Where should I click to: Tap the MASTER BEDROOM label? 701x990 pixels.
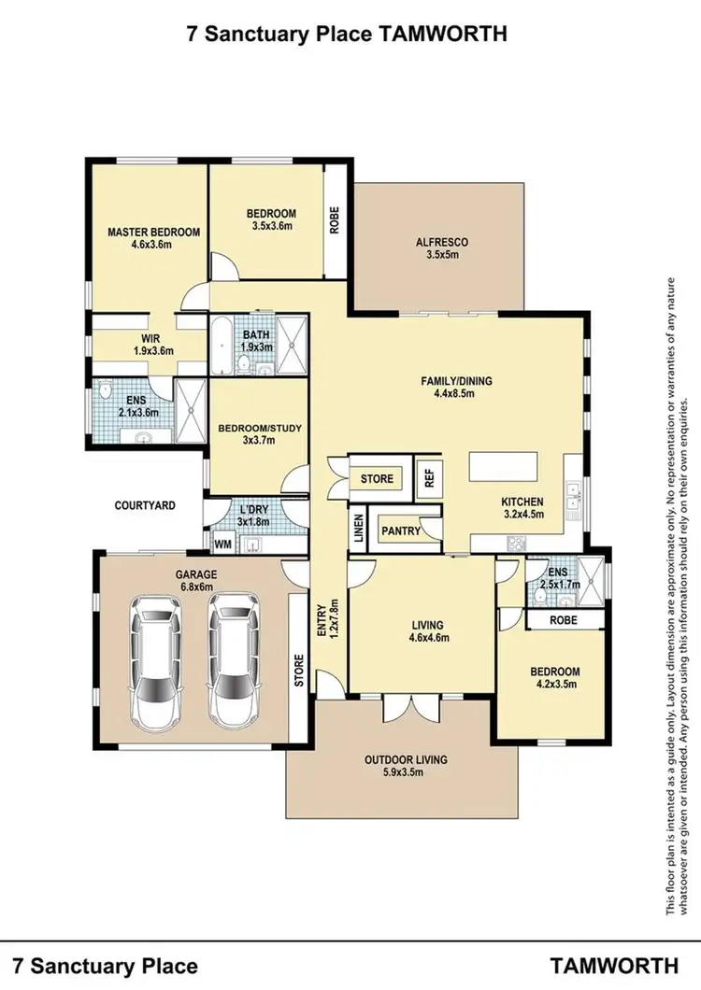coord(153,233)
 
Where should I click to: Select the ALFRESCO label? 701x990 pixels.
coord(442,243)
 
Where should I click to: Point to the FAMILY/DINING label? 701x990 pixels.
coord(456,381)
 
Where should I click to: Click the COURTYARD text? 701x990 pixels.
coord(145,505)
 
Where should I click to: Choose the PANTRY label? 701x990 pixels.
coord(399,530)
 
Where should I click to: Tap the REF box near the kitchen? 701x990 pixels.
coord(430,479)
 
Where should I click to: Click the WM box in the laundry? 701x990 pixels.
coord(222,543)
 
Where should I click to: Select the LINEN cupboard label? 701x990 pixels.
coord(358,527)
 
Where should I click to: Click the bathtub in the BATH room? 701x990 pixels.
coord(222,346)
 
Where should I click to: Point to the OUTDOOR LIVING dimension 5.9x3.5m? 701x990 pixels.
coord(406,772)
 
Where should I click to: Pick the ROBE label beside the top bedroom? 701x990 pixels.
coord(334,219)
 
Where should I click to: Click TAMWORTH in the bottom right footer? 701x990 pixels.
coord(614,965)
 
